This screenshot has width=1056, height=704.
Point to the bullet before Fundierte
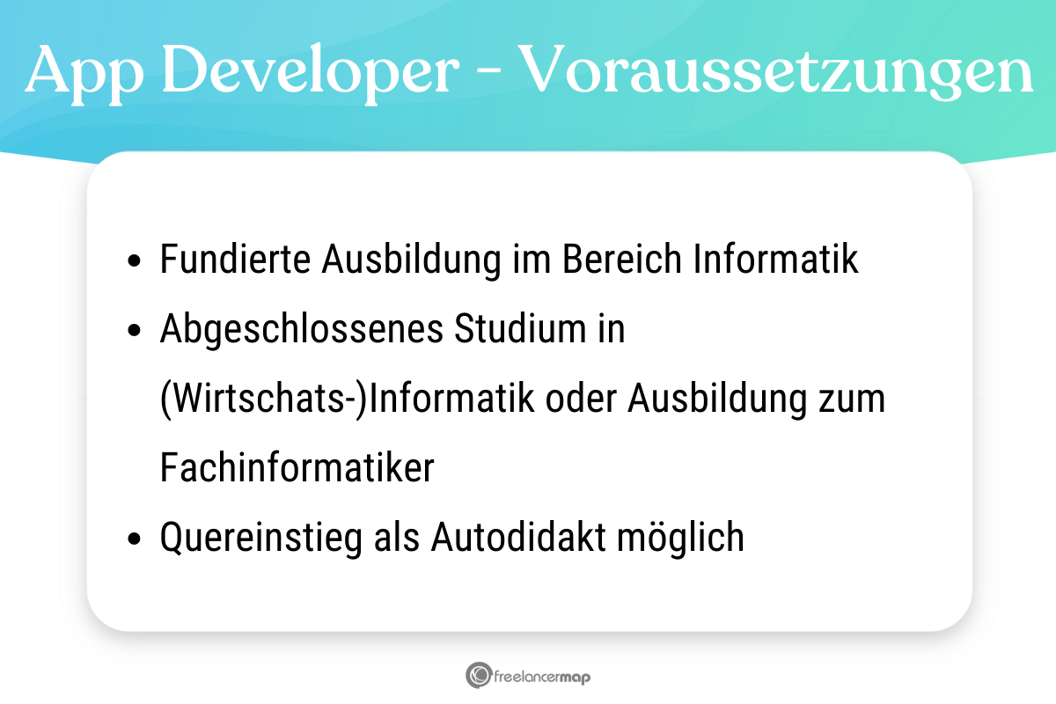pyautogui.click(x=134, y=262)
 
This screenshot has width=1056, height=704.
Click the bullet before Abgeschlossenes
pyautogui.click(x=134, y=331)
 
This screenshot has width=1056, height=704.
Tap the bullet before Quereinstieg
pyautogui.click(x=134, y=539)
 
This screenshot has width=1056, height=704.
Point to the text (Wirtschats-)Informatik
pyautogui.click(x=348, y=400)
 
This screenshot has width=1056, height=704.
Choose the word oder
pyautogui.click(x=581, y=400)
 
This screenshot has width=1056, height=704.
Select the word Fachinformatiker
pyautogui.click(x=297, y=468)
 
